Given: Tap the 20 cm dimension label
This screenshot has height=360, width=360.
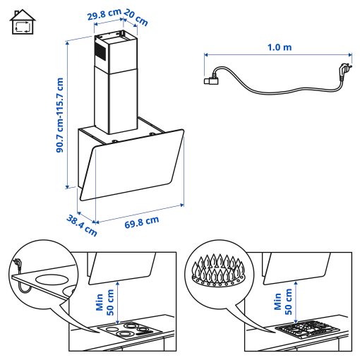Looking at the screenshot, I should (x=136, y=17).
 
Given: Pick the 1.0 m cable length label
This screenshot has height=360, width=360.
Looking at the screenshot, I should (x=280, y=47).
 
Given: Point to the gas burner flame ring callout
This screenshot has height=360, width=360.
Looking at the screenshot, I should (x=217, y=271).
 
